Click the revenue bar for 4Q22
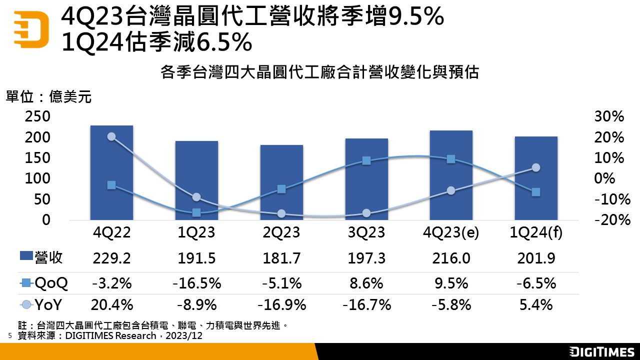click(111, 172)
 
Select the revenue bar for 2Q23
click(281, 182)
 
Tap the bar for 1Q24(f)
click(536, 178)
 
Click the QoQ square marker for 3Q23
click(366, 160)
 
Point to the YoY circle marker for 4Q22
click(111, 136)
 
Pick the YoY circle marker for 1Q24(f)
click(536, 167)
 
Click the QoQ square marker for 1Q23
click(196, 212)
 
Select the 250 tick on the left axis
click(38, 116)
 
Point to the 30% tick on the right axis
click(609, 116)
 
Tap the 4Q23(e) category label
click(451, 233)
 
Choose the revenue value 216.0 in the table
click(451, 258)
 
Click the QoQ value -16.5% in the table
click(196, 283)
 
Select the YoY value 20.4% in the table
click(111, 304)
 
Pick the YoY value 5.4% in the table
click(536, 304)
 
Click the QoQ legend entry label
click(51, 283)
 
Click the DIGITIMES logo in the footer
click(602, 352)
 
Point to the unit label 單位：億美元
click(48, 96)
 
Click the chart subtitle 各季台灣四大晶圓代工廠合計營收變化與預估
click(320, 73)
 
